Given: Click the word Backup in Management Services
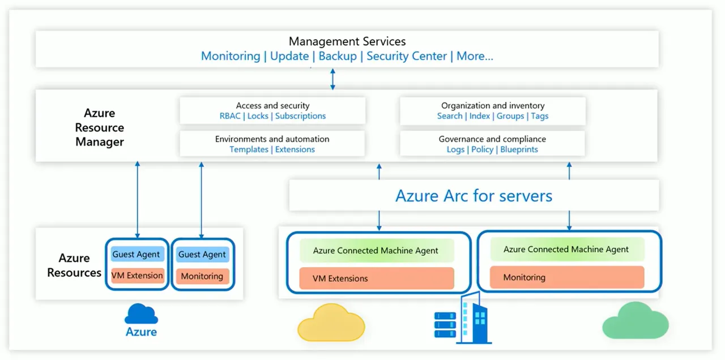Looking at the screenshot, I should click(x=338, y=56).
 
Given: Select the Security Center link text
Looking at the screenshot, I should click(x=407, y=56).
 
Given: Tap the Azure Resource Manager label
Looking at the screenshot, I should click(x=100, y=127).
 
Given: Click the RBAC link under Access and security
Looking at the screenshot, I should click(x=230, y=116).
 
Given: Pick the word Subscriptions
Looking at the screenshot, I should click(x=301, y=116).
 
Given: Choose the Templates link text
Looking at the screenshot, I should click(x=249, y=149).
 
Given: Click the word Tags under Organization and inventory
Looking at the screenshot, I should click(x=539, y=116).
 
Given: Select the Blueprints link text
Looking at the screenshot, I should click(x=519, y=149).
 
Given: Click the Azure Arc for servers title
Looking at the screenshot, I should click(x=474, y=196).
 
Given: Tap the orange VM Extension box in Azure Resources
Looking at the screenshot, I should click(x=137, y=276).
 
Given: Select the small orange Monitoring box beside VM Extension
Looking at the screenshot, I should click(x=202, y=276).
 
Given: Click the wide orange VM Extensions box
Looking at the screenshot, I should click(x=377, y=278).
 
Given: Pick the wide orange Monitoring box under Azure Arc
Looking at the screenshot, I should click(x=566, y=277).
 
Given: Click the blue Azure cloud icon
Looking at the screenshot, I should click(x=141, y=314).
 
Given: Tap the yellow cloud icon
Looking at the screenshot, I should click(x=331, y=324).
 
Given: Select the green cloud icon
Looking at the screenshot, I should click(x=636, y=321).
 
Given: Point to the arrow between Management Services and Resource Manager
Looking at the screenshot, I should click(x=332, y=79).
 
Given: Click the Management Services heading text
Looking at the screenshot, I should click(x=347, y=41).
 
